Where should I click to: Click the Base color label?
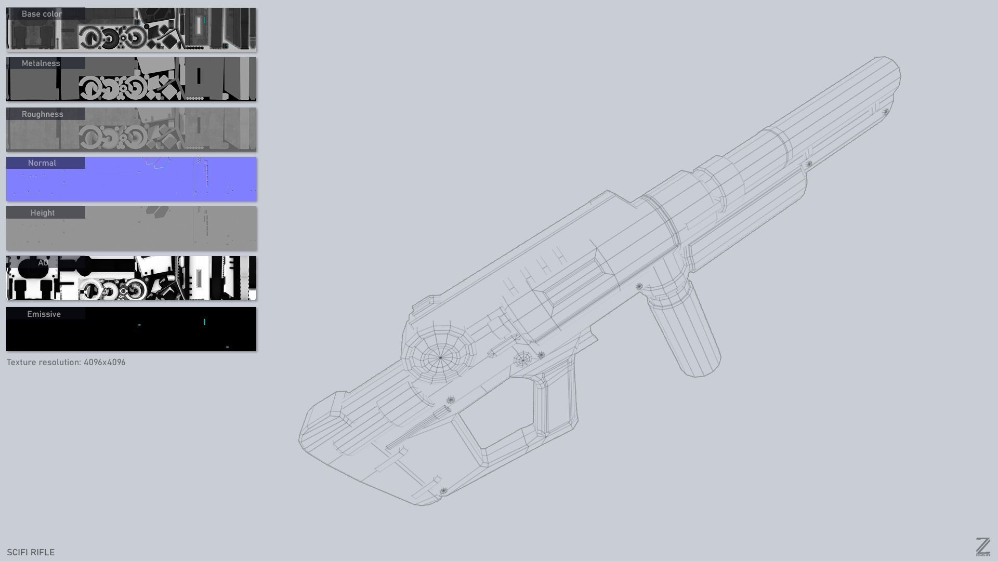[42, 14]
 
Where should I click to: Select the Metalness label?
[41, 63]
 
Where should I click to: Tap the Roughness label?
[42, 114]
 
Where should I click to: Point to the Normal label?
[42, 163]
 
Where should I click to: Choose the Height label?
[43, 213]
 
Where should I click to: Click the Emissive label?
[44, 314]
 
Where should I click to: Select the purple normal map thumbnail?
[156, 182]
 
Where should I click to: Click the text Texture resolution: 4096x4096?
[66, 362]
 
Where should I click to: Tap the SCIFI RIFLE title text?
[31, 552]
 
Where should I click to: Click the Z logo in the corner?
[982, 547]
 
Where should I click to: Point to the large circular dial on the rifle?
[440, 357]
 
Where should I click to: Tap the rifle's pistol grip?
[556, 400]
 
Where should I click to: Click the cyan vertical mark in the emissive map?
[204, 322]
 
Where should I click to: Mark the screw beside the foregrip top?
[639, 286]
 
